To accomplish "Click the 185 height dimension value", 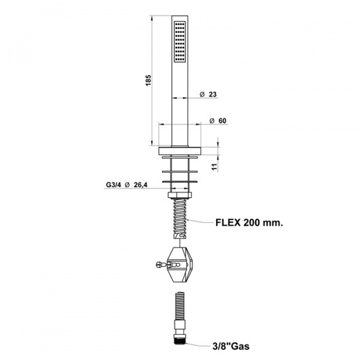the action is coord(148,80).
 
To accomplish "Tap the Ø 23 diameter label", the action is coord(208,94).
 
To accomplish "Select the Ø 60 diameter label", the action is coord(218,121).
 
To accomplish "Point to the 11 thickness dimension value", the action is coord(215,167).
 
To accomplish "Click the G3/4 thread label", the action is coord(113,185).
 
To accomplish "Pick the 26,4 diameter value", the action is coord(140,185).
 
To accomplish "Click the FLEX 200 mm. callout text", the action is coord(249,223).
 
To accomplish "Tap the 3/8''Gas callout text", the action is coord(231,346).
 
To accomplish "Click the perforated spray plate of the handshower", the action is coord(180,41).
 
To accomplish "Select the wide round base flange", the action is coord(180,151).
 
